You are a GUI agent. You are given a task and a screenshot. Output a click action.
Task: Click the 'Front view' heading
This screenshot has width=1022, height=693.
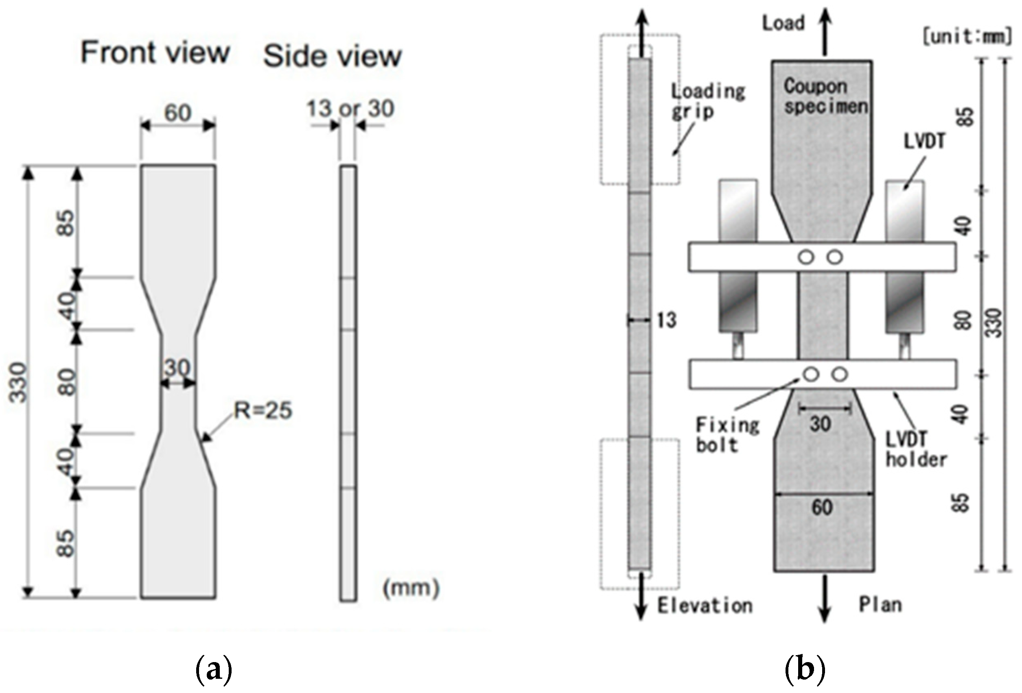click(155, 53)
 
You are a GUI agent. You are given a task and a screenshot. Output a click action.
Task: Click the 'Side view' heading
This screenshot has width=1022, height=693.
click(332, 57)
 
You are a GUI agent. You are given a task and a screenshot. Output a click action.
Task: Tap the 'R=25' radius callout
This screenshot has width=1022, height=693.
click(263, 411)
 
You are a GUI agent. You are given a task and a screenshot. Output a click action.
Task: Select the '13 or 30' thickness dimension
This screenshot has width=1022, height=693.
click(350, 109)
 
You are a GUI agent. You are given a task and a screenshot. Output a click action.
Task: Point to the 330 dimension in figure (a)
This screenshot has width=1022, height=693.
click(19, 382)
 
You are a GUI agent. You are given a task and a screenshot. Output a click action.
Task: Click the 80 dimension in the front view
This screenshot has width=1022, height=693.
click(67, 382)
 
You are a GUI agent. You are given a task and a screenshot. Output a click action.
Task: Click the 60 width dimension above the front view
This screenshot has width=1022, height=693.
click(178, 113)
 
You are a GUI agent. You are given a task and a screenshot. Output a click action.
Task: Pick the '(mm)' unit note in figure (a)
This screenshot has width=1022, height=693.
click(411, 588)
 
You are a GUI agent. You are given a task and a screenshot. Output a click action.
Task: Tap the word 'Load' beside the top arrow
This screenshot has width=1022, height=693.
click(783, 23)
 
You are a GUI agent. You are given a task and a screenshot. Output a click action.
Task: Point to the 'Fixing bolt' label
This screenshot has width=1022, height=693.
click(727, 435)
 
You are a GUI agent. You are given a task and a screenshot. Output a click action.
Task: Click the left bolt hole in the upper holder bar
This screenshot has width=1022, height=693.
click(805, 257)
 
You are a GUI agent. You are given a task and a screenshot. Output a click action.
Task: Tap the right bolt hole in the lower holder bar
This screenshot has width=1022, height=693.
click(840, 375)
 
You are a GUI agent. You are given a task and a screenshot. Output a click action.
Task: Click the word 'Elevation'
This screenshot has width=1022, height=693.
click(705, 606)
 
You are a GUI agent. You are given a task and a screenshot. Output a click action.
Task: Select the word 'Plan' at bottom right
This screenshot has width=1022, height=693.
click(880, 605)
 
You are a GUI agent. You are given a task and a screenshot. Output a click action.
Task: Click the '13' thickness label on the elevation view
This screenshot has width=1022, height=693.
click(666, 320)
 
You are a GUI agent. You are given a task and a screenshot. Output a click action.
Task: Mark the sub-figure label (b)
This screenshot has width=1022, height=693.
click(805, 670)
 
